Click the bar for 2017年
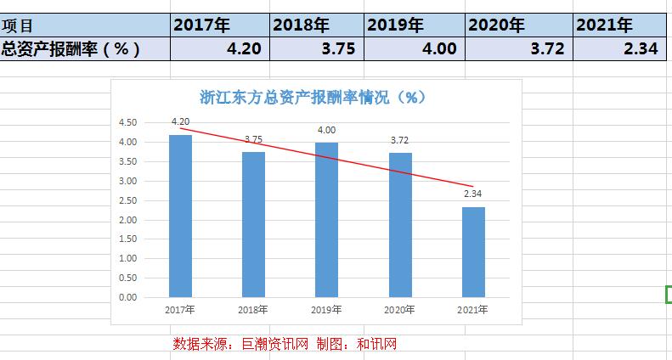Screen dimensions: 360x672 tap(180, 217)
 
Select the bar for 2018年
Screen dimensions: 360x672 tap(253, 225)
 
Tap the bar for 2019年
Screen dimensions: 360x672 tap(326, 220)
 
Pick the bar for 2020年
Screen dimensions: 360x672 tap(400, 225)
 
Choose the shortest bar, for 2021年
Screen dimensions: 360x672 tap(473, 252)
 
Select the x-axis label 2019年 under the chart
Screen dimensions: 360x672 tap(326, 310)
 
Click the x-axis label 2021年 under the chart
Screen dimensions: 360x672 tap(473, 310)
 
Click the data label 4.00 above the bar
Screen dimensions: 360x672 tap(326, 130)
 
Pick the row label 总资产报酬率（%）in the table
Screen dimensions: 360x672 tap(71, 49)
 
